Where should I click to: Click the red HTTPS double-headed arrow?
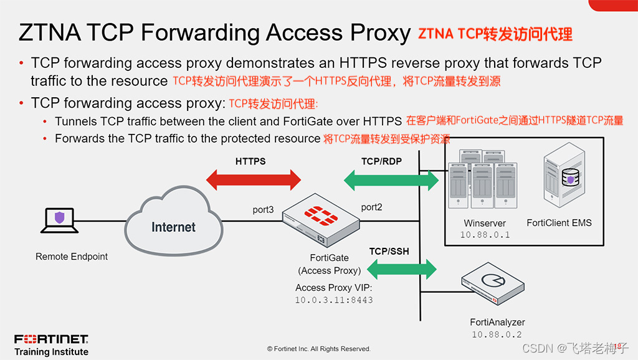(253, 180)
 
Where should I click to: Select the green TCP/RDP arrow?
(391, 180)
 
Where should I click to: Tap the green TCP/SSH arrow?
(401, 269)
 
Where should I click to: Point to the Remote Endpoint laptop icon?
(59, 221)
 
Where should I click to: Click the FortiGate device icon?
(320, 220)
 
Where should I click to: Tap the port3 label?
(263, 210)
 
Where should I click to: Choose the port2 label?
(371, 207)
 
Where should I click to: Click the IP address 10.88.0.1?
(485, 235)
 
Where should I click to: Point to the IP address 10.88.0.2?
(497, 334)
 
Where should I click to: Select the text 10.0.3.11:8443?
(334, 300)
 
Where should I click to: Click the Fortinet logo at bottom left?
(51, 339)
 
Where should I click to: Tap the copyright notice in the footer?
(318, 349)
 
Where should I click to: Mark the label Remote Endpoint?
(72, 257)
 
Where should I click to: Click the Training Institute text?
(51, 352)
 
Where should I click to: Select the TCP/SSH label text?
(389, 252)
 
